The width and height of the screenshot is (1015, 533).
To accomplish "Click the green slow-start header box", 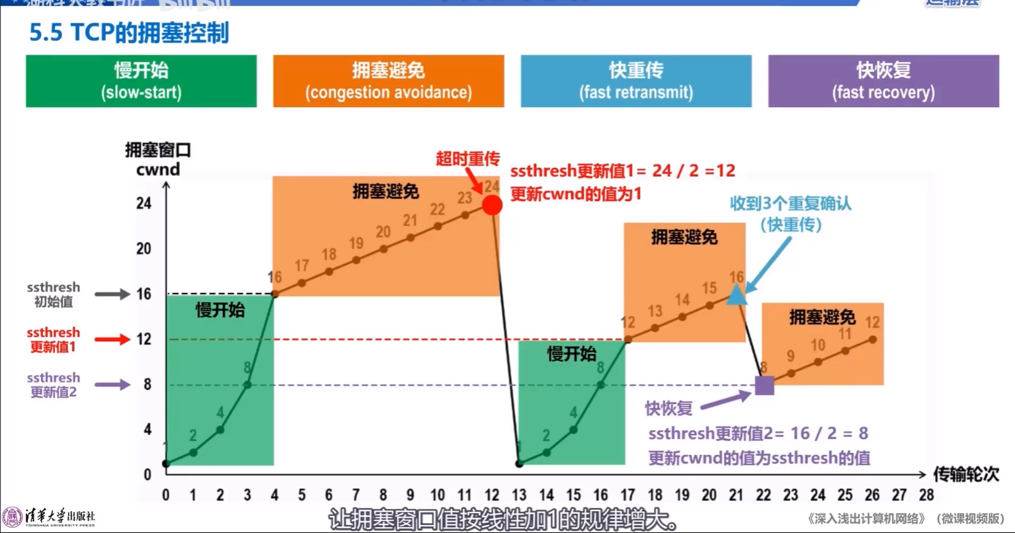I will [141, 81].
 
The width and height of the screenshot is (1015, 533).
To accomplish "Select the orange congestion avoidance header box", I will [388, 81].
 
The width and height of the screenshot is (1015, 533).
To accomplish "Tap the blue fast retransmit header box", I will [635, 81].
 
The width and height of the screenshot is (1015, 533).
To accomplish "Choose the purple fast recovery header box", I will [883, 81].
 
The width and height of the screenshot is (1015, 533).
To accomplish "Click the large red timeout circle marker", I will [492, 205].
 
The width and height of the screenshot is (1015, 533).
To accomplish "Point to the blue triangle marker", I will [737, 295].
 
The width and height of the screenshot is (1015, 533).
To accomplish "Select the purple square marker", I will [764, 386].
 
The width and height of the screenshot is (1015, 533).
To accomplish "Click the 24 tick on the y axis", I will [144, 204].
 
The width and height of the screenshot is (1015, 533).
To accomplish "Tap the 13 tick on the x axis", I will [519, 495].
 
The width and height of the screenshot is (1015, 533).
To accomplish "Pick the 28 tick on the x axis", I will [926, 495].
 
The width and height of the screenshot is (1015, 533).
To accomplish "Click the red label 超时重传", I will [467, 158].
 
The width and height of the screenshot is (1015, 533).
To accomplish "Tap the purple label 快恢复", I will [669, 408].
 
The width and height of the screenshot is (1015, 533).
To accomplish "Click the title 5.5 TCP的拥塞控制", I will [130, 32].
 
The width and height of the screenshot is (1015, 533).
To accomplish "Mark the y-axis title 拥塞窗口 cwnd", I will [157, 159].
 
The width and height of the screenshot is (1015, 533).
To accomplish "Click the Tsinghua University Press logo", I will [49, 517].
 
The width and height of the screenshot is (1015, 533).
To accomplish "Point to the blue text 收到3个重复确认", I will [791, 204].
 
